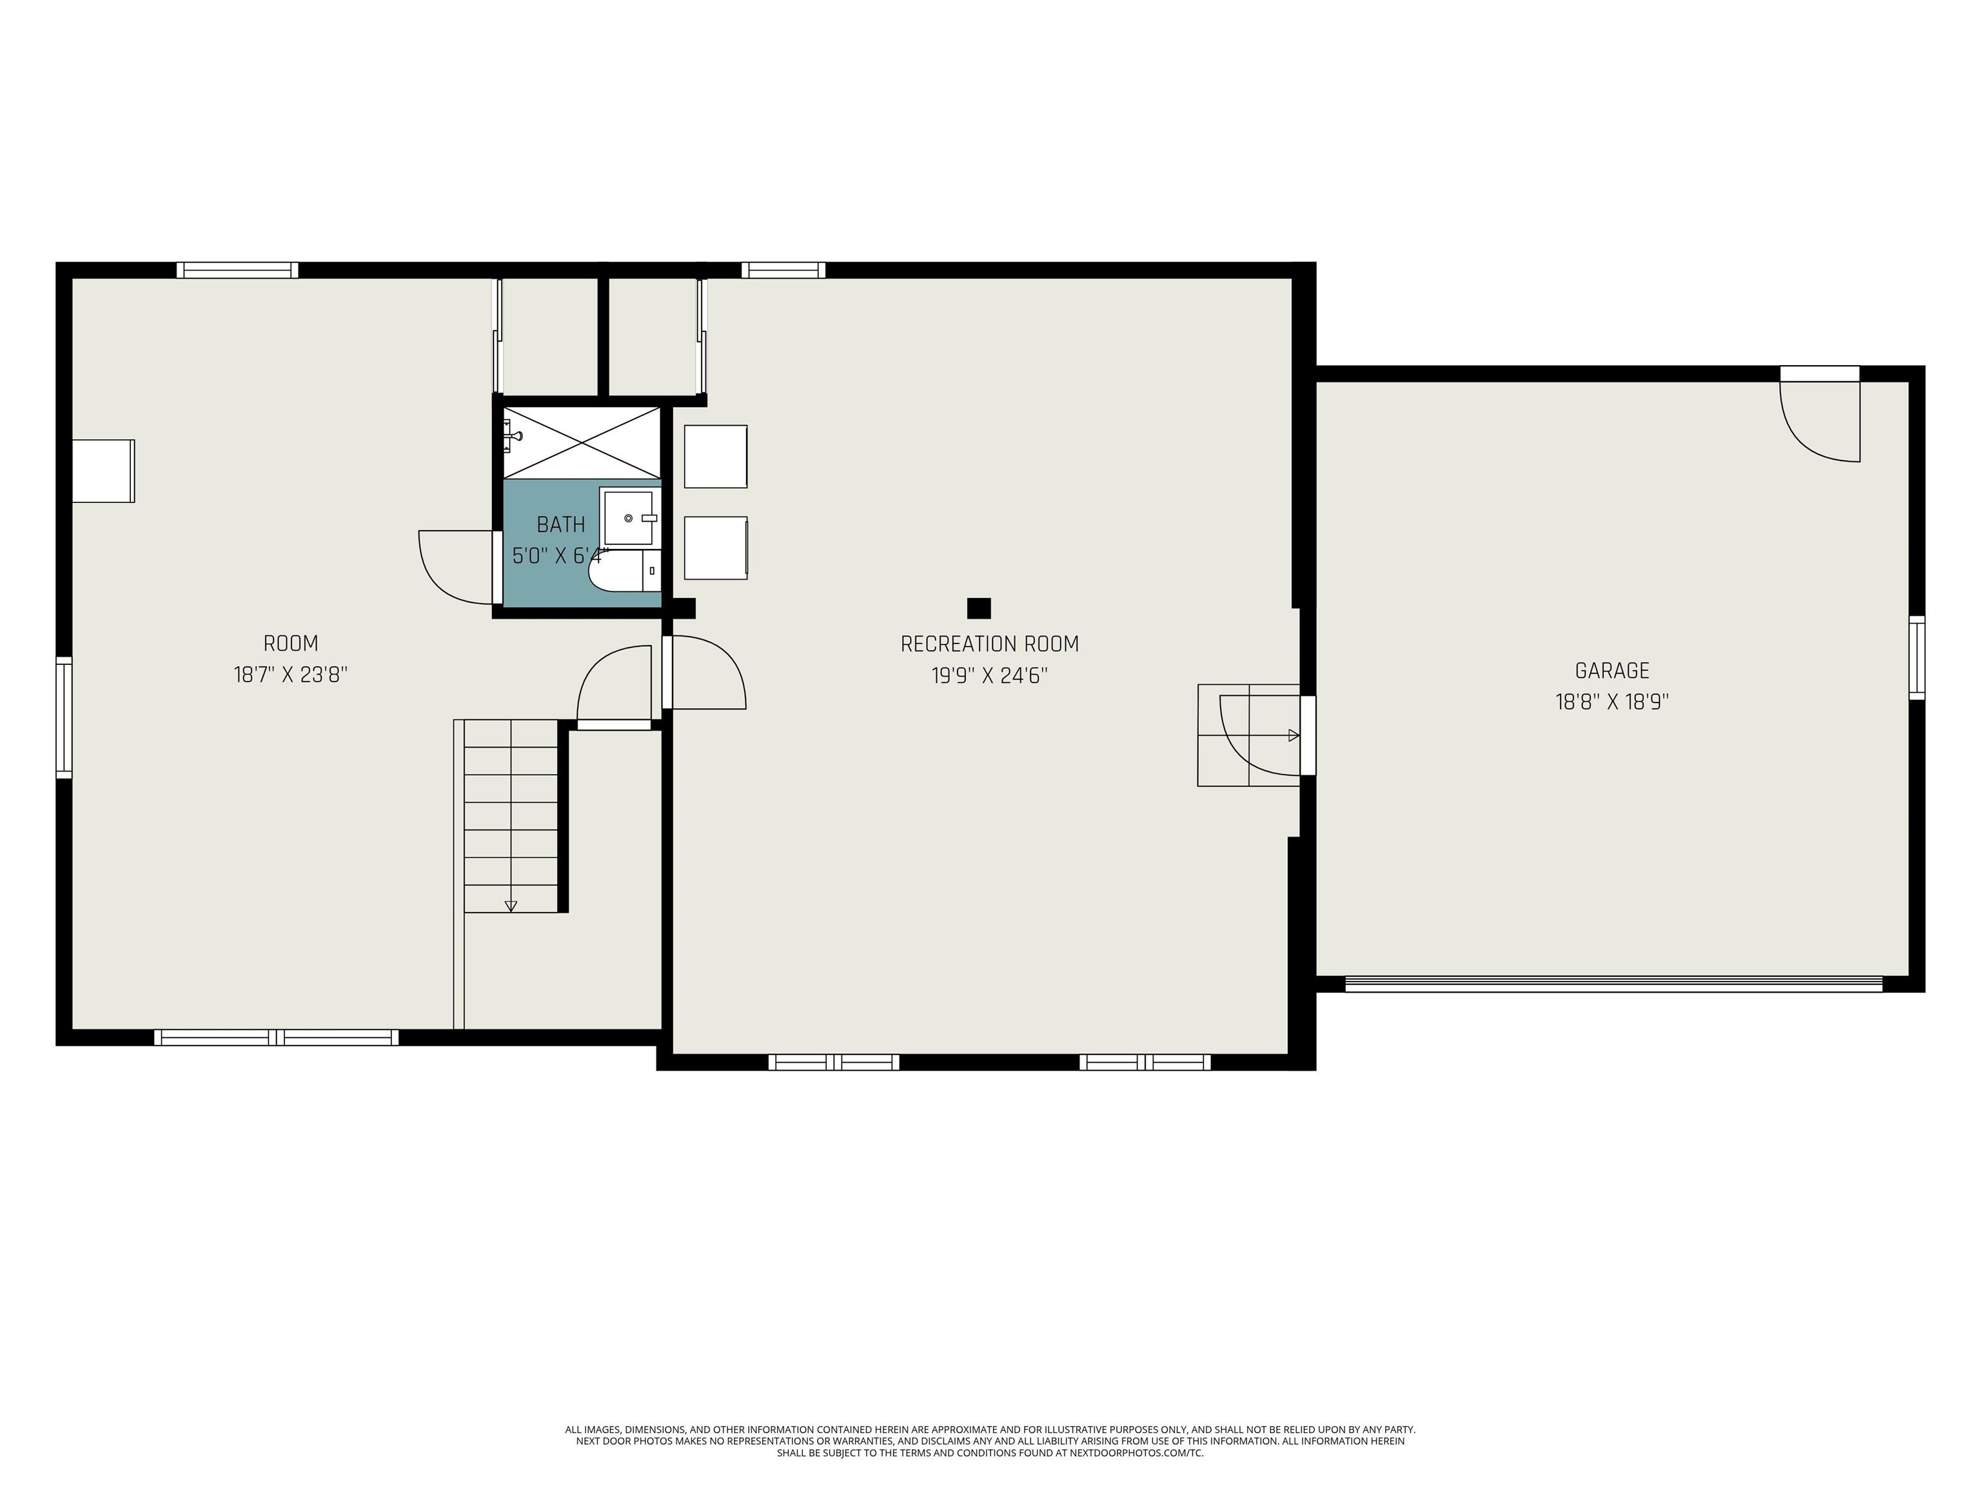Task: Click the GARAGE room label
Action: click(x=1612, y=670)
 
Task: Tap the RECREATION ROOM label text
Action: click(x=990, y=644)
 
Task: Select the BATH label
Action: click(x=560, y=524)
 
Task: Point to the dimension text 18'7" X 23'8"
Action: click(x=290, y=675)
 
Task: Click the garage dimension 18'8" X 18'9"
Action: click(x=1612, y=701)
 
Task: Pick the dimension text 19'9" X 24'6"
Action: click(x=990, y=675)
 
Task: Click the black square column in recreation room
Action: click(x=979, y=608)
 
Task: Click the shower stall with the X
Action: click(x=582, y=442)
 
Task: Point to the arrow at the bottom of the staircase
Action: click(x=511, y=906)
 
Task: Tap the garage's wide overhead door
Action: click(x=1614, y=984)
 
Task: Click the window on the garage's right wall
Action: click(x=1917, y=657)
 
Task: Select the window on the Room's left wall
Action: click(x=64, y=717)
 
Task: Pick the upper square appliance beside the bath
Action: click(x=716, y=457)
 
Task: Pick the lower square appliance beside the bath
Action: click(x=716, y=548)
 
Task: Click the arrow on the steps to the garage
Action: click(x=1293, y=735)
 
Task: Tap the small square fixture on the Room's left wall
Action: click(x=103, y=471)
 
